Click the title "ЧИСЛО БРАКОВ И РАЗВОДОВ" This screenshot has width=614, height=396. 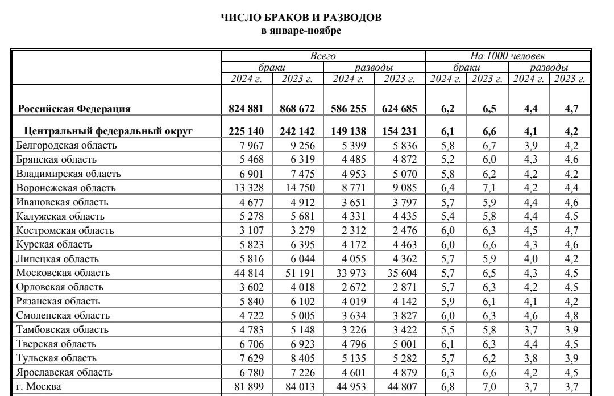coord(301,18)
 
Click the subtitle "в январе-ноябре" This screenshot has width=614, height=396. coord(301,30)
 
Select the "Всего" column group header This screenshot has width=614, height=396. coord(323,56)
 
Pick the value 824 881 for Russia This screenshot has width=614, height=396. coord(247,108)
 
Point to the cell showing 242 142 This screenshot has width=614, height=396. coord(298,131)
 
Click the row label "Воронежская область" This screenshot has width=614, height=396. coord(66,188)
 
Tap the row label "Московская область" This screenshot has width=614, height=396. coord(63,273)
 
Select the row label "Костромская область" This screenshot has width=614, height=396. coord(65,230)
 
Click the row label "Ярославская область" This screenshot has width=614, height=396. coord(64,373)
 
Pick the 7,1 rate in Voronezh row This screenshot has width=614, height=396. coord(489,188)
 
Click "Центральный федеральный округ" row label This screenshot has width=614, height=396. coord(106,131)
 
